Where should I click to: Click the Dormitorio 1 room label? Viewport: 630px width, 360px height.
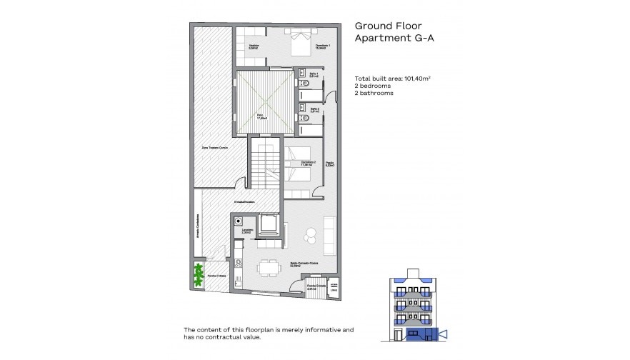coord(324,46)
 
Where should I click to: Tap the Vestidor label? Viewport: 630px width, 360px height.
coord(253,48)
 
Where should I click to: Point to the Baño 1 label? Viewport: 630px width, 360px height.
coord(304,75)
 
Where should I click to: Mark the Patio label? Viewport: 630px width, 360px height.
coord(261,116)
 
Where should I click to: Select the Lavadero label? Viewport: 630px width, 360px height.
coord(245,231)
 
